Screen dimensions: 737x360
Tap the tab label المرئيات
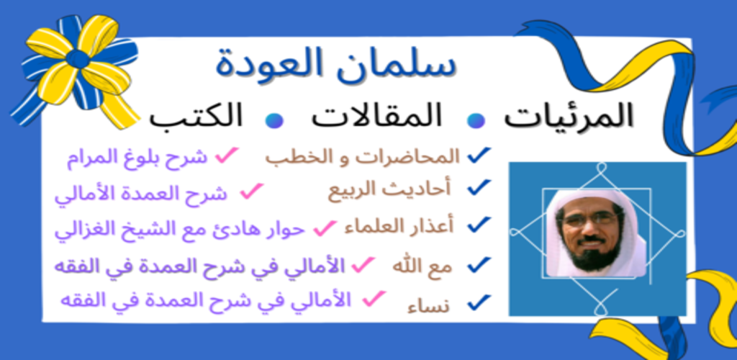[569, 117]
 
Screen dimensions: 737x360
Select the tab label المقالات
[376, 117]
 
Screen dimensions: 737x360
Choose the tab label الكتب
[196, 117]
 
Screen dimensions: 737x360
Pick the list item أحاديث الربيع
[389, 189]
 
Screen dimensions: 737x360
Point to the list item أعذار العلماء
[399, 227]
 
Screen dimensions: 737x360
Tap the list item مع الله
[422, 266]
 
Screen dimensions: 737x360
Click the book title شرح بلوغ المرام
[137, 159]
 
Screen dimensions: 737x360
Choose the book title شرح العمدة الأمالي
[141, 194]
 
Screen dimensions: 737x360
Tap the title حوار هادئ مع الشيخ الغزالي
[180, 230]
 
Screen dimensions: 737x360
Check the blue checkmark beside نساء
[479, 302]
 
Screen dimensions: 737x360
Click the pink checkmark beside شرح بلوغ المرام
[227, 156]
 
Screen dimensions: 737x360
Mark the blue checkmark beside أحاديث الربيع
[479, 187]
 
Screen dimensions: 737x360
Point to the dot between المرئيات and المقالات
[476, 120]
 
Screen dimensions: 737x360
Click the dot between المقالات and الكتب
[274, 120]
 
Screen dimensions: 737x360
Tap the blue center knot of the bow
[77, 59]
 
